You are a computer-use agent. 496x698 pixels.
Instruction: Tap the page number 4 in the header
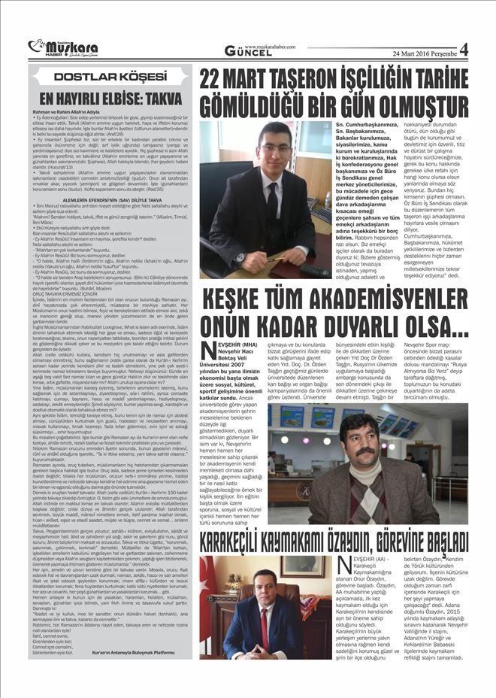(x=463, y=50)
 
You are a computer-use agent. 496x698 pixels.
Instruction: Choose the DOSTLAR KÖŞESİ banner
(x=109, y=76)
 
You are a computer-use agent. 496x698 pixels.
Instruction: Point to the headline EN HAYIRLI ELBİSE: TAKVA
(x=109, y=99)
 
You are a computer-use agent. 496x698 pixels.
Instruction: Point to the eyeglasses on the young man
(x=276, y=150)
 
